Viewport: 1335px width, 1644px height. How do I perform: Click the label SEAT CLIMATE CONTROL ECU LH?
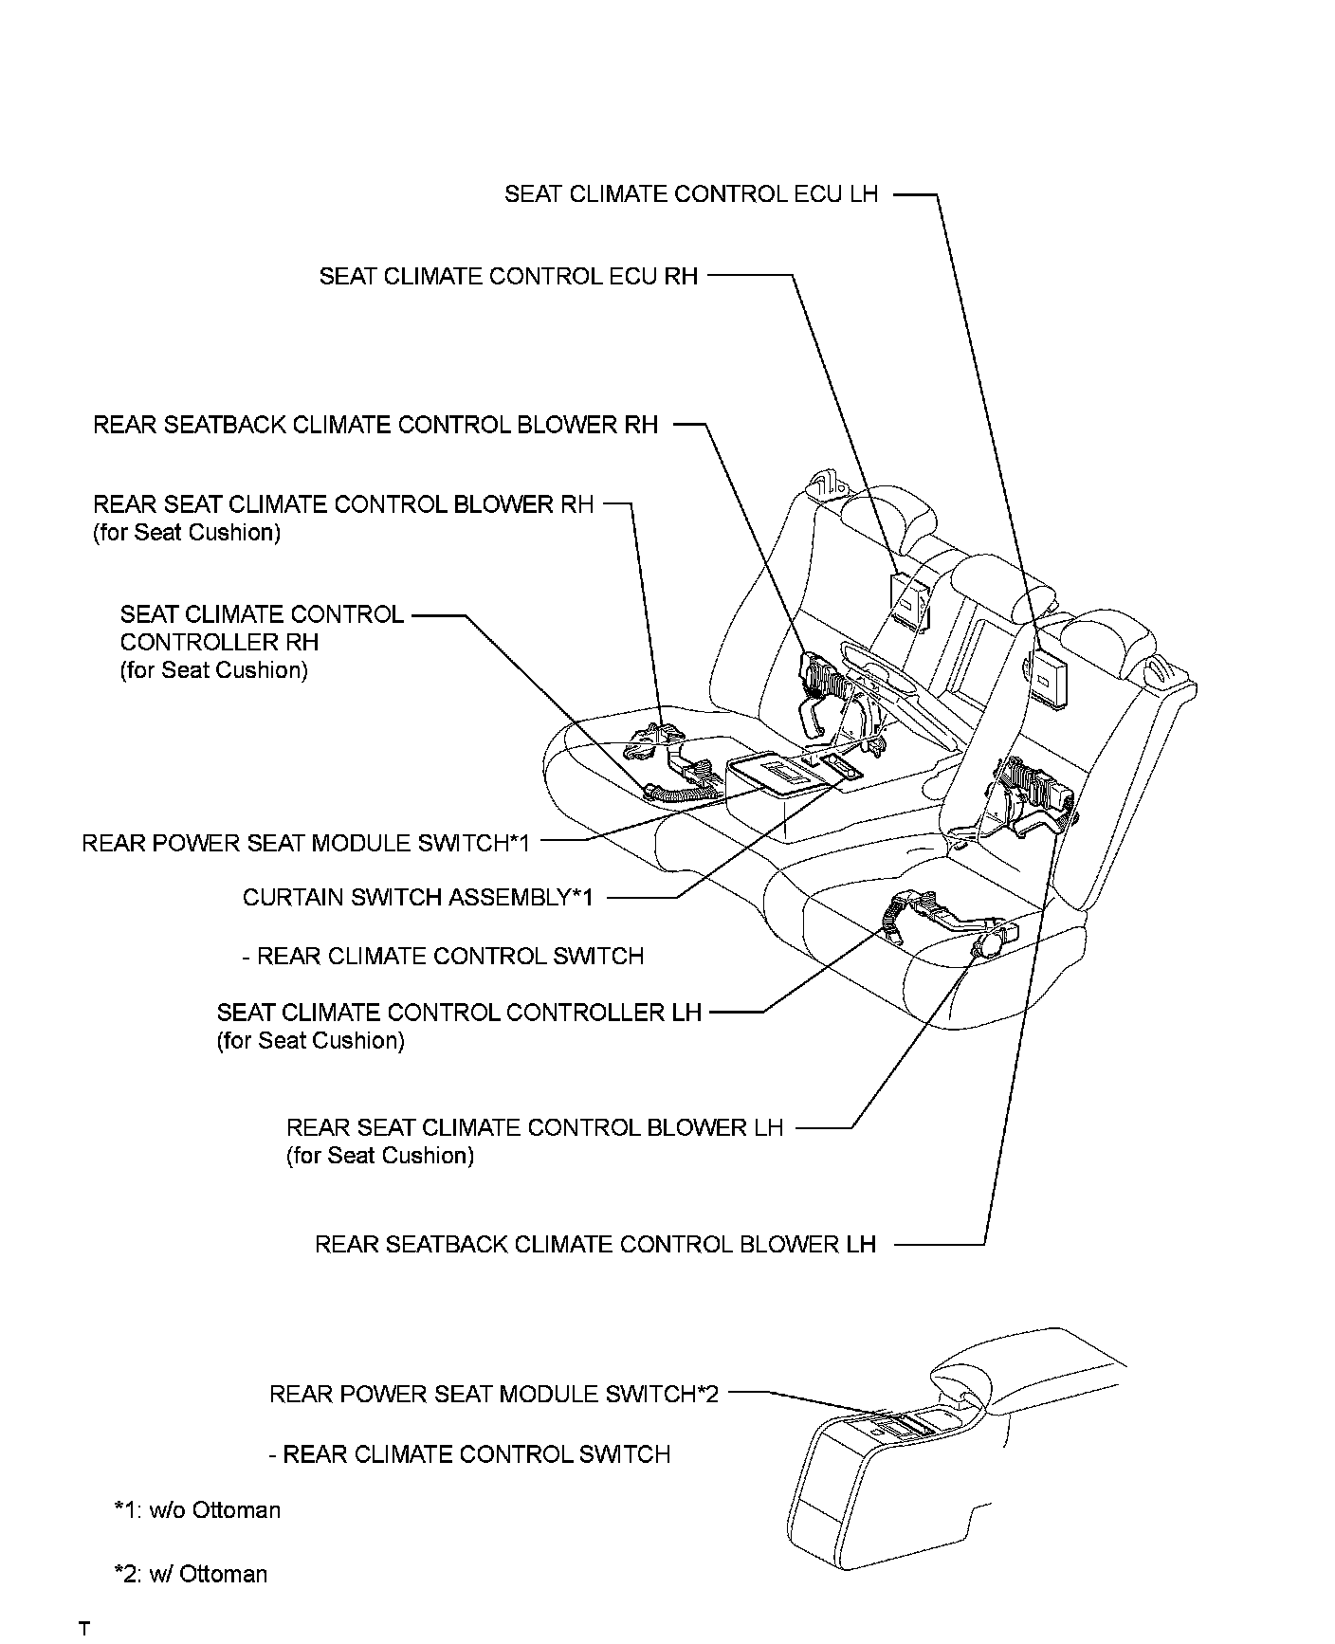(x=691, y=194)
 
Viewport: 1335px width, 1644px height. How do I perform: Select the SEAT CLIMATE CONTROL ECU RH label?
(x=508, y=277)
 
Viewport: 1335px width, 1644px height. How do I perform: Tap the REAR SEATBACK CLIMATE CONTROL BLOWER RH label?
(x=375, y=425)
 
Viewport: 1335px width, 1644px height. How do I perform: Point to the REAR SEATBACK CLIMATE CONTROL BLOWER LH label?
(x=595, y=1244)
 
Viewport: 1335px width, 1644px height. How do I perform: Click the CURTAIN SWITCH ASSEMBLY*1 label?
(x=418, y=898)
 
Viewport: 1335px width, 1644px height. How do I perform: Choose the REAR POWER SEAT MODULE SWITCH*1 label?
(x=305, y=843)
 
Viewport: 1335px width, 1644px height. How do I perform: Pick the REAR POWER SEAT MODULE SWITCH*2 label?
(x=494, y=1394)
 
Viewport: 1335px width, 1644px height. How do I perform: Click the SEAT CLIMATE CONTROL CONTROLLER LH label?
(x=459, y=1013)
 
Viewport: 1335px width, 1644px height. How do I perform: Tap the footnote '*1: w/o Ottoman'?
(x=197, y=1510)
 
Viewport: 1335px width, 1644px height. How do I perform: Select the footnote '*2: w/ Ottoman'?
(x=191, y=1575)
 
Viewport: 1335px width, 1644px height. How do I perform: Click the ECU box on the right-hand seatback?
(x=907, y=599)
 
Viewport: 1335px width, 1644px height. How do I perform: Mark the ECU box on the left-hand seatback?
(x=1050, y=675)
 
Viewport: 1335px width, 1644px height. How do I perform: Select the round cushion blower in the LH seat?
(x=984, y=944)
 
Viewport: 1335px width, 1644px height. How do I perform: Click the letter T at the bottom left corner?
(x=84, y=1629)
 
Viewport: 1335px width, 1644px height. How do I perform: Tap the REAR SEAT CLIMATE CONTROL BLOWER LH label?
(x=535, y=1128)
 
